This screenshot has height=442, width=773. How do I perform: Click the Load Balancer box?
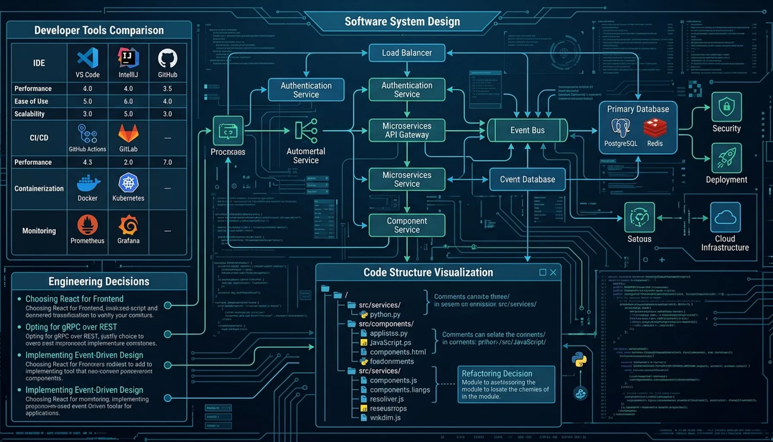(x=407, y=53)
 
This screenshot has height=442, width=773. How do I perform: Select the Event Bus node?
(x=527, y=130)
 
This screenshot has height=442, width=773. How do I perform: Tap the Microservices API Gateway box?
(x=407, y=130)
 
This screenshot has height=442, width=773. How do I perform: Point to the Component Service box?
(x=407, y=225)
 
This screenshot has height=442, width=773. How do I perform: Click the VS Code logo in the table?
(x=88, y=58)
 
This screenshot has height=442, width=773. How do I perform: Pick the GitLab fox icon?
(x=128, y=133)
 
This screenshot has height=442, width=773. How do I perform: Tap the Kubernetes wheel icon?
(x=128, y=183)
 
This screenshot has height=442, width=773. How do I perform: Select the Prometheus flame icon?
(x=87, y=225)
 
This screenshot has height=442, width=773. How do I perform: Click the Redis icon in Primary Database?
(x=655, y=128)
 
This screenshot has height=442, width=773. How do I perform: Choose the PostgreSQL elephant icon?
(x=620, y=127)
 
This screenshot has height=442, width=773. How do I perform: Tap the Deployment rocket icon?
(x=726, y=158)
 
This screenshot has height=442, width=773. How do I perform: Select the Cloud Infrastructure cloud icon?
(x=725, y=217)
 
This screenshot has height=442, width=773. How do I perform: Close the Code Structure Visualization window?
(x=553, y=272)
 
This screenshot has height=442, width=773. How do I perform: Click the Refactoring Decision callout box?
(x=506, y=384)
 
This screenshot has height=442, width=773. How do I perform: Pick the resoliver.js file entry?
(x=386, y=399)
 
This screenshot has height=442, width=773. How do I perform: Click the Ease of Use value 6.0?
(x=128, y=101)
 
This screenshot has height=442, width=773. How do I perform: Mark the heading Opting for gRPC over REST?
(x=71, y=327)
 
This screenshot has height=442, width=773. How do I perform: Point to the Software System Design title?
(x=402, y=22)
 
